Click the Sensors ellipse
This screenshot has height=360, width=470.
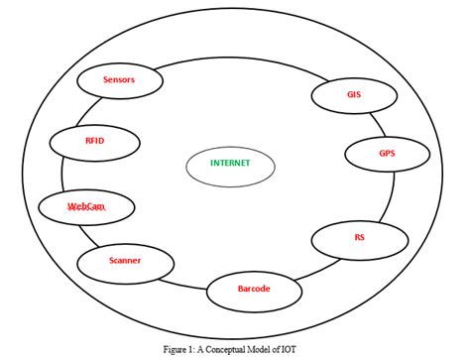point(119,81)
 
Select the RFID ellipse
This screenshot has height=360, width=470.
point(94,142)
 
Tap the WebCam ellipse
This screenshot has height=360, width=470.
point(85,206)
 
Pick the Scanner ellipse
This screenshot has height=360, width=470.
point(124,261)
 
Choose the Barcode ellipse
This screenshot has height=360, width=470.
point(253,290)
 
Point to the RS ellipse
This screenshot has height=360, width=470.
point(358,239)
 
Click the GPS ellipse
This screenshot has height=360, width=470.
point(386,155)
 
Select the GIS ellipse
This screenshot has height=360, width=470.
point(353,96)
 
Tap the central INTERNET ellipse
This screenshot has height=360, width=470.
point(230,164)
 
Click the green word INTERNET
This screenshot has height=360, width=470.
point(230,164)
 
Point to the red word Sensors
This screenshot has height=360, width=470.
point(119,79)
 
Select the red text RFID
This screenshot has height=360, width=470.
point(94,141)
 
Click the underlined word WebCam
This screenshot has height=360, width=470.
point(85,206)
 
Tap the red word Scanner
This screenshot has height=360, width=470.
point(124,261)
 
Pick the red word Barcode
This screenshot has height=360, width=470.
point(253,289)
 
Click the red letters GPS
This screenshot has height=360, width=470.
point(386,155)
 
